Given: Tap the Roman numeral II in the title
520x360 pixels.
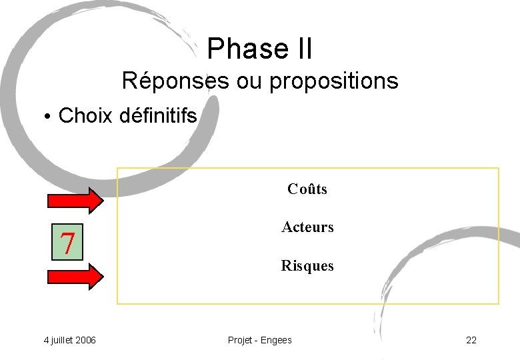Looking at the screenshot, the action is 300,49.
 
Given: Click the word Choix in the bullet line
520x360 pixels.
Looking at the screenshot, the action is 86,116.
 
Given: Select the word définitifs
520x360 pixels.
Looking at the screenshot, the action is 159,116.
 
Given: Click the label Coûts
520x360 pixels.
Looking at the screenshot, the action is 307,189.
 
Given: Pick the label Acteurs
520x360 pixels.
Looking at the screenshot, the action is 307,227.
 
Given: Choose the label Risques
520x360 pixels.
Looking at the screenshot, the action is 307,265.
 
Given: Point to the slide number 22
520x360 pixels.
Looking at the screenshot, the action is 471,340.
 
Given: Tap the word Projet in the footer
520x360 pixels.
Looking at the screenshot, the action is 240,340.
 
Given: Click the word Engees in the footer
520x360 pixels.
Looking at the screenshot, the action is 276,340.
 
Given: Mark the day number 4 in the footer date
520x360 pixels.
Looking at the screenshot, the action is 46,340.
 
